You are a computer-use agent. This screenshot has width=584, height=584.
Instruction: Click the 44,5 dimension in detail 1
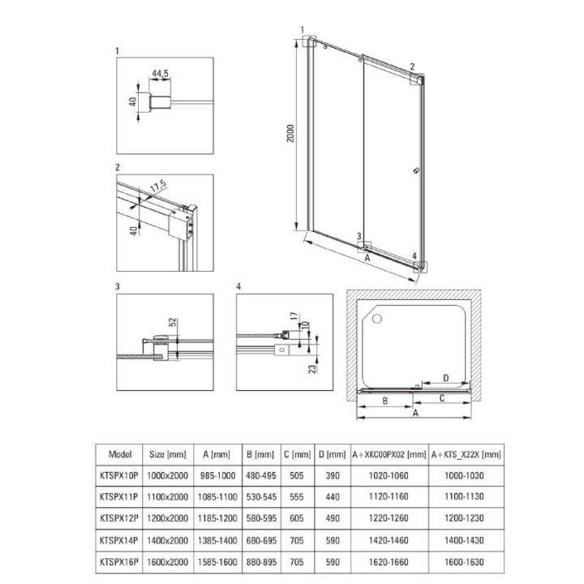point(160,73)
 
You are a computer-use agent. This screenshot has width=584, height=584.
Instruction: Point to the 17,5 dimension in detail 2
point(158,187)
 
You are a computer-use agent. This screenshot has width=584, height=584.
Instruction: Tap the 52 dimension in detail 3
point(173,323)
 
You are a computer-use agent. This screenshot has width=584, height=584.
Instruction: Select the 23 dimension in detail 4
point(312,368)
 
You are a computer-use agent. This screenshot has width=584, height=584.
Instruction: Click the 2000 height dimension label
point(290,133)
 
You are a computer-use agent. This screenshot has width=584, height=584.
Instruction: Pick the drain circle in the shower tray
point(377,319)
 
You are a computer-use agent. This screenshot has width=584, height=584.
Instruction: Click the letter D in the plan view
point(446,378)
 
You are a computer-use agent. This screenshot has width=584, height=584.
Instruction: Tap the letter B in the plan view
point(385,401)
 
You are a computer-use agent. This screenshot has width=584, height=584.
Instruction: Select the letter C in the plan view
point(442,398)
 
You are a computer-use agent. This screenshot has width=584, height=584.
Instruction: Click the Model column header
point(120,454)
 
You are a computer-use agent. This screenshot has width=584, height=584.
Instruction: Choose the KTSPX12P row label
point(118,518)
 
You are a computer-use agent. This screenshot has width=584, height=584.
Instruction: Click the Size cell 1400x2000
point(168,540)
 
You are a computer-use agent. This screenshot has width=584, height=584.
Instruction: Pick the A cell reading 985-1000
point(218,475)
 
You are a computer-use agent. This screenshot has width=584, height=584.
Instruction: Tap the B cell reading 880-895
point(261,561)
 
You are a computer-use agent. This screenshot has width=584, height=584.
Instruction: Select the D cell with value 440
point(333,497)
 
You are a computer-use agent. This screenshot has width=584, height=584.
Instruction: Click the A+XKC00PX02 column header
point(389,454)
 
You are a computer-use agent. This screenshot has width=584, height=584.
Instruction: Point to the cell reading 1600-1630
point(465,561)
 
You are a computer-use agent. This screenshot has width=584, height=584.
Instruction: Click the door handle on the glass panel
point(416,170)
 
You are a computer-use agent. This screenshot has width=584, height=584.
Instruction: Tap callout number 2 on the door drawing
point(412,67)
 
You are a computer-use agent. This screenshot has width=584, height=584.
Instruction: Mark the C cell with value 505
point(297,475)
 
